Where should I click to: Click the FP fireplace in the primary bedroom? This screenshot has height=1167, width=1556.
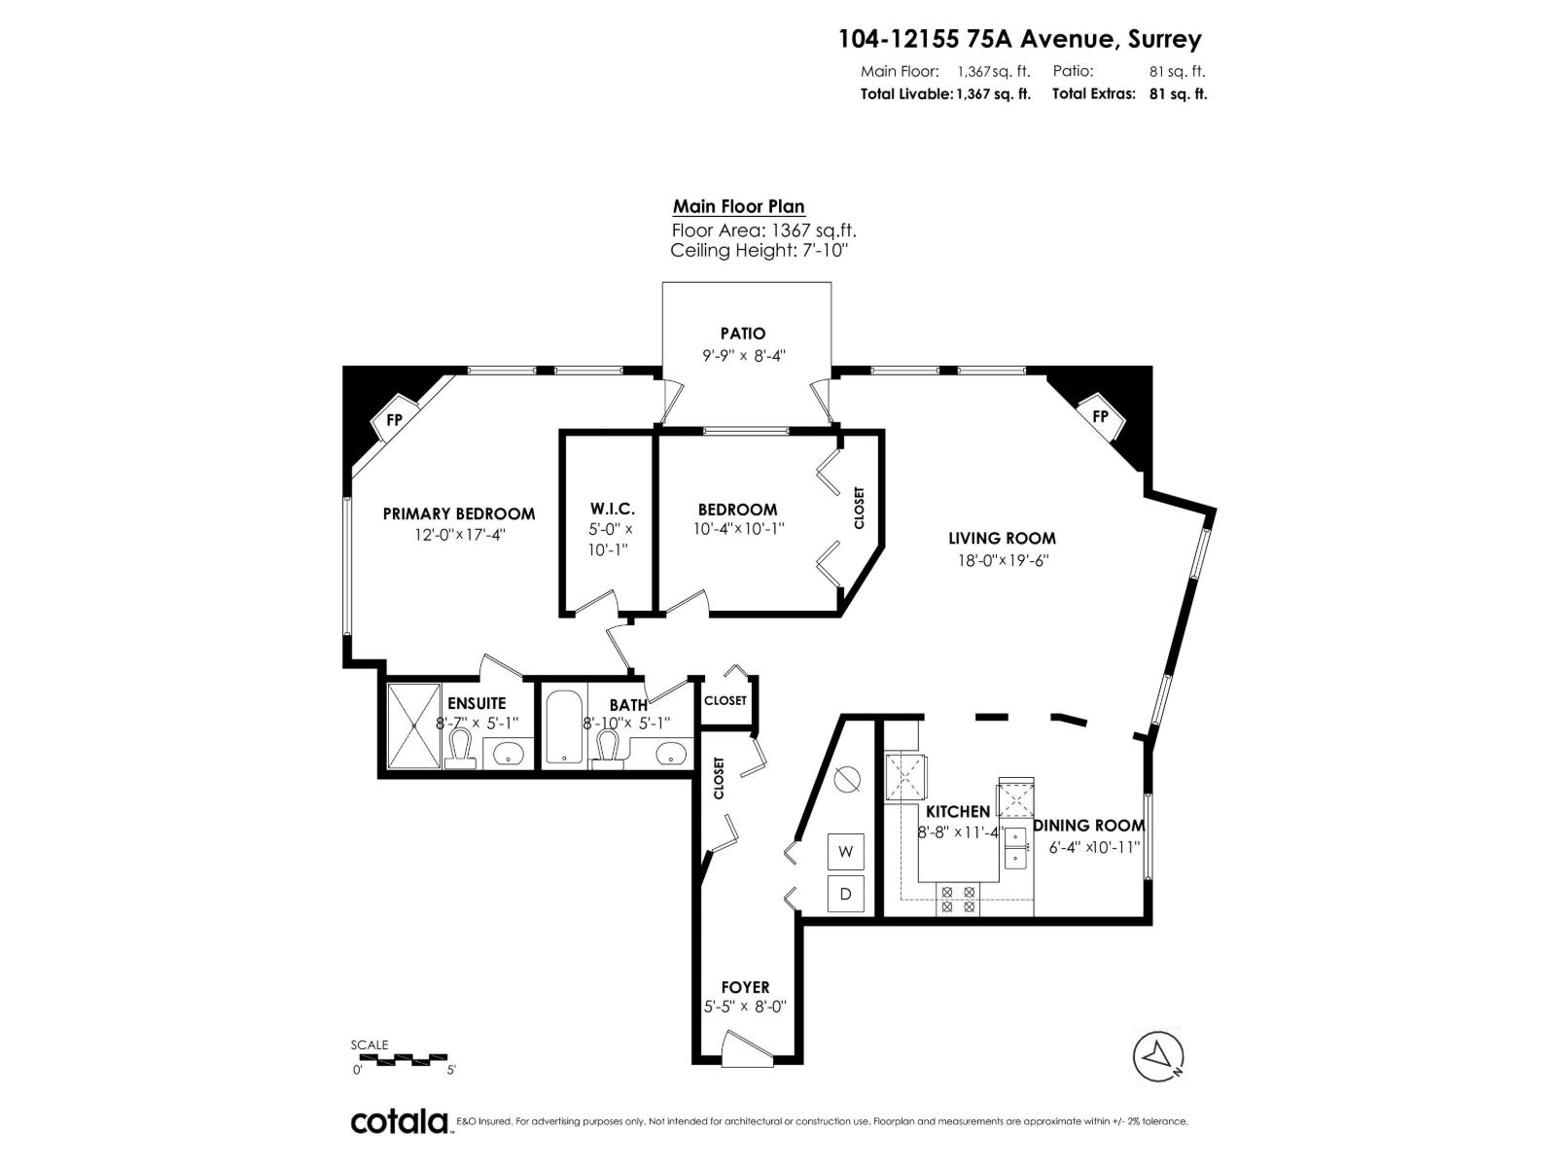pyautogui.click(x=394, y=420)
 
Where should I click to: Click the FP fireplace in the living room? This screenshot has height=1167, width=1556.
pyautogui.click(x=1101, y=416)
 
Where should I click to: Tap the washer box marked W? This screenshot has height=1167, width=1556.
pyautogui.click(x=845, y=852)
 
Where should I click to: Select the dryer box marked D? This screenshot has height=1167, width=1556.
pyautogui.click(x=845, y=894)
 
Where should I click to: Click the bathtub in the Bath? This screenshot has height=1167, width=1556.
pyautogui.click(x=563, y=727)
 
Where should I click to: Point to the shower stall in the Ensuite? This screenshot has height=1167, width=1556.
pyautogui.click(x=414, y=726)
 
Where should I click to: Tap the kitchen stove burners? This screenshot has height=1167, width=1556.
pyautogui.click(x=958, y=899)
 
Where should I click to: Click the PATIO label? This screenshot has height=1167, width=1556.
pyautogui.click(x=743, y=334)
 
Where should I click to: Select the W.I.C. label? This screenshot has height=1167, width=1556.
pyautogui.click(x=612, y=510)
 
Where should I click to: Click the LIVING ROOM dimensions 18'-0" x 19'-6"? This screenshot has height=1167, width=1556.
pyautogui.click(x=1003, y=560)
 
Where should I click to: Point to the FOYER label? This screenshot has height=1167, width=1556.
pyautogui.click(x=745, y=987)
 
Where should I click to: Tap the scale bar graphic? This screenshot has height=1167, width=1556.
pyautogui.click(x=402, y=1058)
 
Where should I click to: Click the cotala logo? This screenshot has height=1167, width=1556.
pyautogui.click(x=399, y=1121)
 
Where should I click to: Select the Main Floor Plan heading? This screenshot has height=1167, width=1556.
pyautogui.click(x=739, y=206)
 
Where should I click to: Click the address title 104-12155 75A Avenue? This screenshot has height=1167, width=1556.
pyautogui.click(x=1020, y=39)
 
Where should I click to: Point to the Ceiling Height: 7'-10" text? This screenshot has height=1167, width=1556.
pyautogui.click(x=760, y=251)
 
